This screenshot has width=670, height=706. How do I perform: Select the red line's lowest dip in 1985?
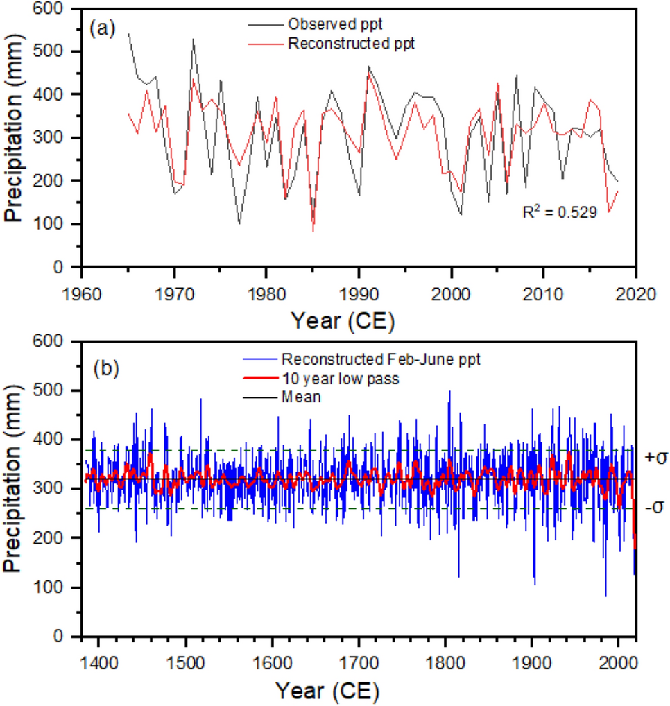[x=313, y=231]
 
